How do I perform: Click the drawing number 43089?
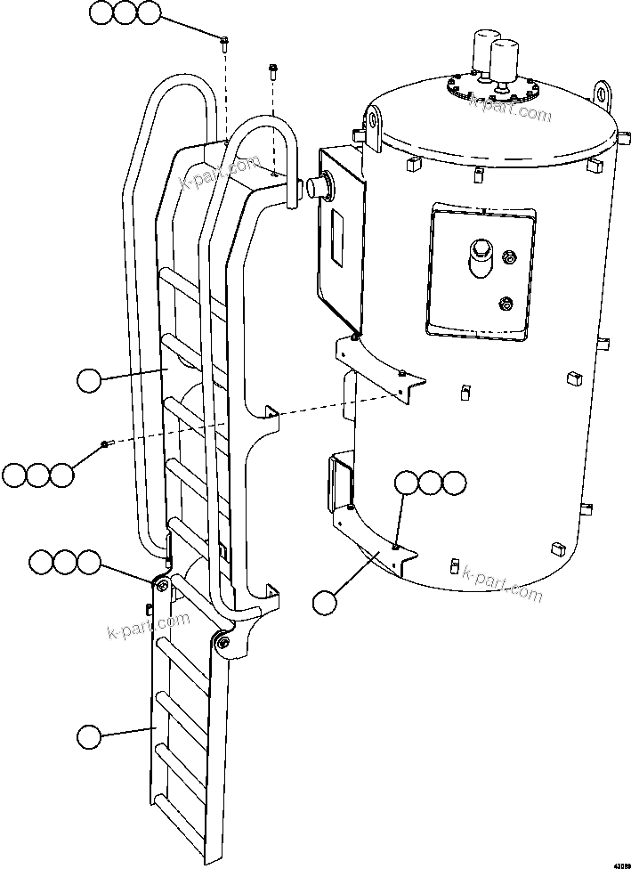(x=615, y=860)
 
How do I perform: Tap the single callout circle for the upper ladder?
(x=89, y=381)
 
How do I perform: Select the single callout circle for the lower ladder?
(x=89, y=736)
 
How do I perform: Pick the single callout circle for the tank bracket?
(x=327, y=602)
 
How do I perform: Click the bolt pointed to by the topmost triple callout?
(x=223, y=40)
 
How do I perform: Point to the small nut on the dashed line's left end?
(x=105, y=444)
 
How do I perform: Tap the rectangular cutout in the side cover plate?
(x=339, y=235)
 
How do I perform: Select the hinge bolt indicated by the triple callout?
(x=161, y=584)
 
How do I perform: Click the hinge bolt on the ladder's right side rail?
(x=222, y=643)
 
